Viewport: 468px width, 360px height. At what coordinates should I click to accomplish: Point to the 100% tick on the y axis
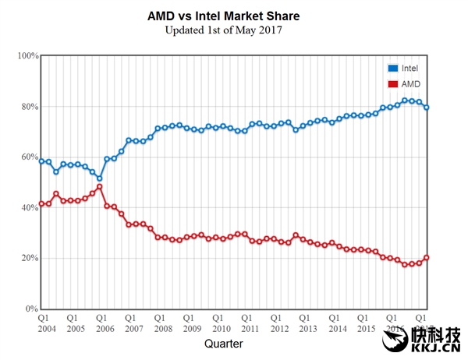coord(28,56)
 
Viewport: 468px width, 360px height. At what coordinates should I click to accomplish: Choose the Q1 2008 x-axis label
coord(158,323)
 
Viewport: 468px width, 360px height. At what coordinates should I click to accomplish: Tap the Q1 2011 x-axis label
coord(246,323)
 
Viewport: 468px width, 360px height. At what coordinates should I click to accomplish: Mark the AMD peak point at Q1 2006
coord(100,186)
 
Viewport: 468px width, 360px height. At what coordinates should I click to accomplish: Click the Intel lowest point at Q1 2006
coord(100,178)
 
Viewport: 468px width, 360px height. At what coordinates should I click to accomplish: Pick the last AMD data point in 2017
coord(427,257)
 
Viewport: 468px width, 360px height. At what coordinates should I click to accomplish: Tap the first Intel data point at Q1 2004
coord(41,161)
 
